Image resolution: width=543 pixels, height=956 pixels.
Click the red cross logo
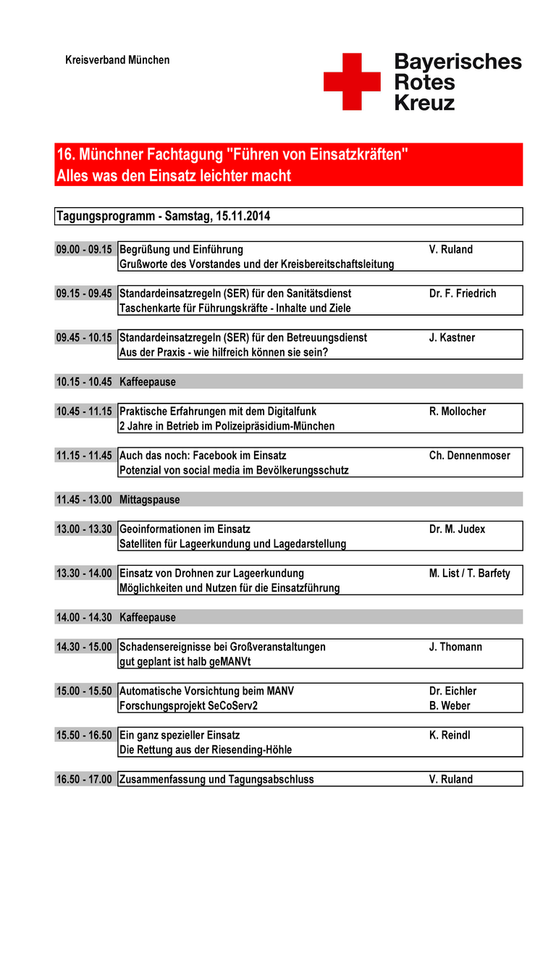pos(352,82)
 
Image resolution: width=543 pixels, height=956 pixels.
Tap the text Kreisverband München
pos(117,60)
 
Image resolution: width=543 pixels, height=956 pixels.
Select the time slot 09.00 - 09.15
pos(84,250)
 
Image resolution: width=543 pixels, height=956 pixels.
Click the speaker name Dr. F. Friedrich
pos(463,294)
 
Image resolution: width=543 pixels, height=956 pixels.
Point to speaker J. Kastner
pos(452,338)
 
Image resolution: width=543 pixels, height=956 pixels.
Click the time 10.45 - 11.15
pos(84,411)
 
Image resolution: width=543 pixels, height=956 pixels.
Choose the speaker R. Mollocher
pos(458,411)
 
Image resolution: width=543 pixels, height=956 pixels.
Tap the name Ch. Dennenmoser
pos(469,456)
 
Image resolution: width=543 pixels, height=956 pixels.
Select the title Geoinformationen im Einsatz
pos(185,529)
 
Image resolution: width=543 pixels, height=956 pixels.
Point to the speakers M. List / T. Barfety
pos(469,574)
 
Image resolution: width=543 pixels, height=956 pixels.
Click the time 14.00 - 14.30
pos(84,618)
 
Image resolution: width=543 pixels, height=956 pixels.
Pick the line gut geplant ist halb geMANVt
pos(185,662)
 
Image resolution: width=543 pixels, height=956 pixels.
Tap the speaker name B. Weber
pos(450,706)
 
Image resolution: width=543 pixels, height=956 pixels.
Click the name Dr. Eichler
pos(452,692)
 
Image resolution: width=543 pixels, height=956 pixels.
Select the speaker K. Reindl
pos(450,736)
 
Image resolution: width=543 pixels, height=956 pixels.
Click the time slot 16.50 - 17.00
pos(84,780)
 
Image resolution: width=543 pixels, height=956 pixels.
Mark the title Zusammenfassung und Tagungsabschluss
pos(216,780)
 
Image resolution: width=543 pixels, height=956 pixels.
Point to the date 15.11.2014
pos(243,217)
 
